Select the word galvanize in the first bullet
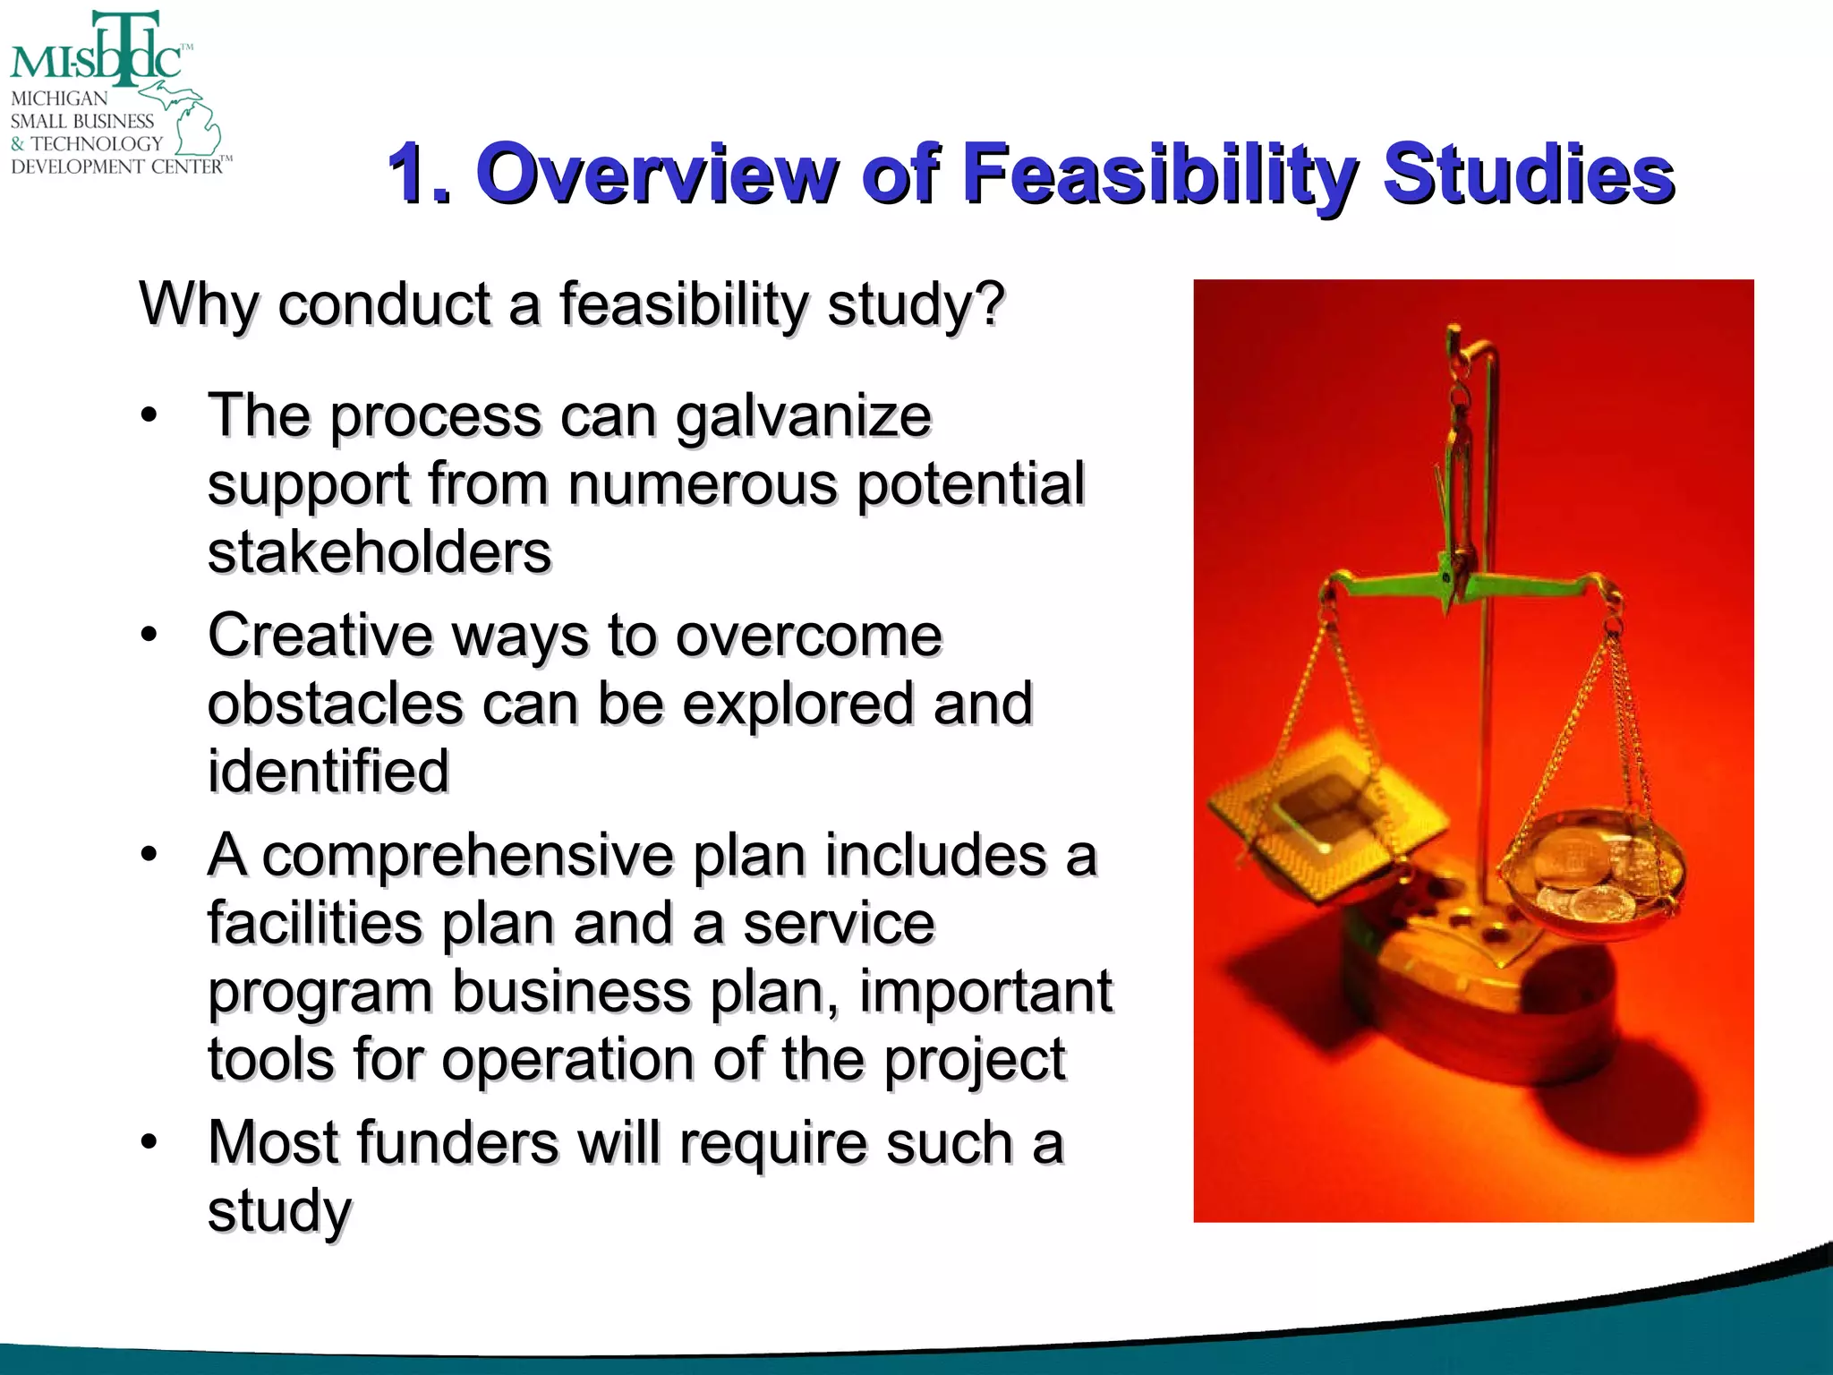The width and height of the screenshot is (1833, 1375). coord(803,417)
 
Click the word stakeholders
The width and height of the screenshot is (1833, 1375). coord(379,552)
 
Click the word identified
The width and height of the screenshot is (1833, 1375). coord(328,772)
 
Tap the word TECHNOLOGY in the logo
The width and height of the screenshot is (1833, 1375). coord(97,143)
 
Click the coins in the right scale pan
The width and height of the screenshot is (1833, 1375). coord(1593,873)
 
